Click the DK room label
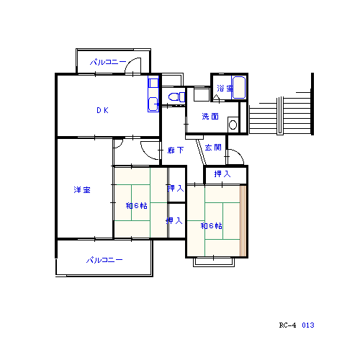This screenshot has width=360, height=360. pyautogui.click(x=102, y=110)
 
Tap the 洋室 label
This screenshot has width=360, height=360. pyautogui.click(x=82, y=190)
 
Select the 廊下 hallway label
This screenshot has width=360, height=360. pyautogui.click(x=176, y=150)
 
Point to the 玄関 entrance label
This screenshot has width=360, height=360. pyautogui.click(x=213, y=147)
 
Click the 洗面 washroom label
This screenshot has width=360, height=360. pyautogui.click(x=210, y=117)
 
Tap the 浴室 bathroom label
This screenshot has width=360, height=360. pyautogui.click(x=225, y=89)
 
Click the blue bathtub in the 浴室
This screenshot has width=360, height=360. pyautogui.click(x=239, y=88)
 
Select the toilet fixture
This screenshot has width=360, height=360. pyautogui.click(x=177, y=96)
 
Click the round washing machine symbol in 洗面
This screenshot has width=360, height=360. pyautogui.click(x=233, y=125)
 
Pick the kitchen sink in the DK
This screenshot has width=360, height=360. pyautogui.click(x=153, y=104)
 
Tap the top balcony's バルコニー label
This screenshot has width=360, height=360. pyautogui.click(x=108, y=62)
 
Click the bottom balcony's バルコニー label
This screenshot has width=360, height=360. pyautogui.click(x=104, y=260)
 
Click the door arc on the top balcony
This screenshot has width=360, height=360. pyautogui.click(x=131, y=63)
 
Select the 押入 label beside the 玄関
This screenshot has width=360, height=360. pyautogui.click(x=222, y=174)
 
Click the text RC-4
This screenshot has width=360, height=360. pyautogui.click(x=287, y=325)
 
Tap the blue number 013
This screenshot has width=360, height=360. pyautogui.click(x=308, y=325)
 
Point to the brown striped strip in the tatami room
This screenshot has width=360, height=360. pyautogui.click(x=243, y=220)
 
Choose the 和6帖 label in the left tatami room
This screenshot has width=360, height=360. pyautogui.click(x=137, y=206)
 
